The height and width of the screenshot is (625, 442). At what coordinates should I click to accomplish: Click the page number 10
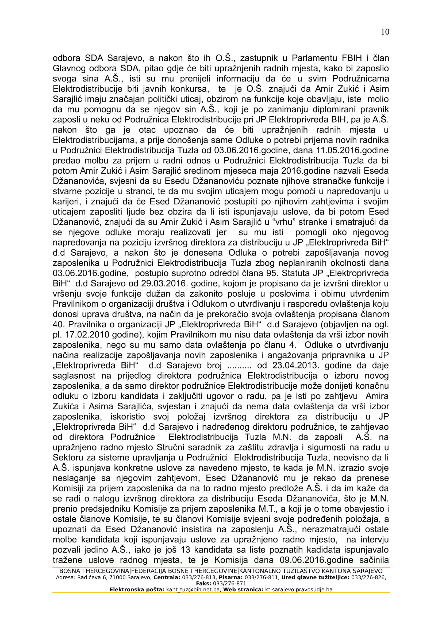pos(385,32)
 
